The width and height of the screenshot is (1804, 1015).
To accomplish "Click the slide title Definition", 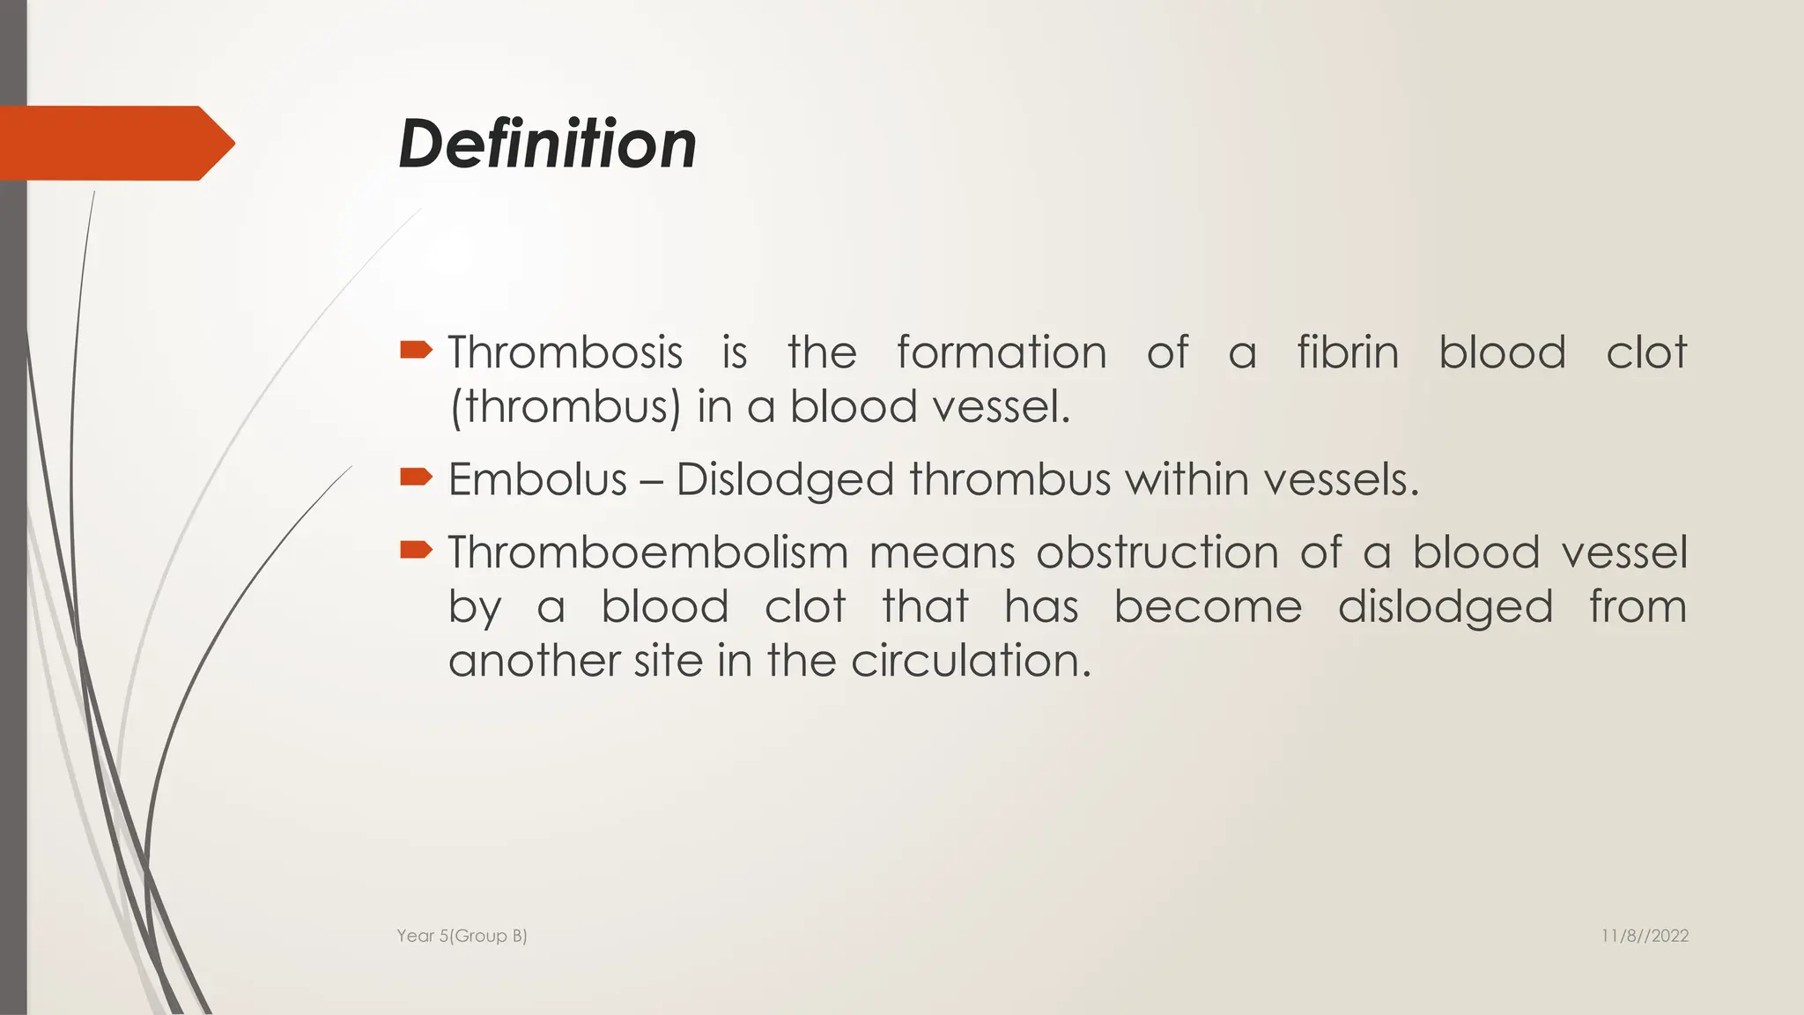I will tap(547, 144).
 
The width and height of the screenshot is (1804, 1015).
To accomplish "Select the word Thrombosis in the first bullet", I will tap(565, 352).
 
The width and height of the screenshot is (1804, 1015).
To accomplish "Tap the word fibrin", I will tap(1347, 352).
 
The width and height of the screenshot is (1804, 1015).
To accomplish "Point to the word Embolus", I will tap(537, 480).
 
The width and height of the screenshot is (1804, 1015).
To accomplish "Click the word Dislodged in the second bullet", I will tap(785, 480).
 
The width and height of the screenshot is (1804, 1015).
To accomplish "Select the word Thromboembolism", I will tap(647, 552).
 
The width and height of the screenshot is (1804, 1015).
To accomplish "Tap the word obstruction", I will tap(1157, 552).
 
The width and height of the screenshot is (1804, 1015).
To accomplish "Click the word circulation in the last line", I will tap(970, 661).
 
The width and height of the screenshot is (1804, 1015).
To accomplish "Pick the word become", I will tap(1207, 607).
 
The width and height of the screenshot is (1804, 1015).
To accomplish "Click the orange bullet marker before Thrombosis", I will tap(416, 351).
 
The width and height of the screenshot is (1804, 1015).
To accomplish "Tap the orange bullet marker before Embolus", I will tap(416, 478).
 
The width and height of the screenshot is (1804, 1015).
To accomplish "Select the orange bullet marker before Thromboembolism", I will tap(416, 551).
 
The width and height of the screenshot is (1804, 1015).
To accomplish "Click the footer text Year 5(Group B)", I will tap(462, 936).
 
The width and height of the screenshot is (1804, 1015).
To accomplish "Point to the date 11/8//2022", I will tap(1644, 936).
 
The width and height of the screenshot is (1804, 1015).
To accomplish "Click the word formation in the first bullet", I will tap(1001, 352).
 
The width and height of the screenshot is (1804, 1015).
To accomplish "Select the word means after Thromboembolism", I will tap(941, 552).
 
